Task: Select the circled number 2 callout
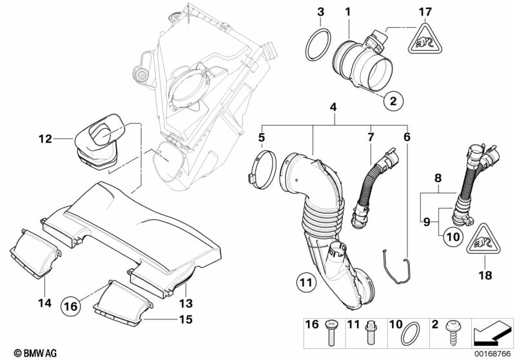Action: pyautogui.click(x=393, y=100)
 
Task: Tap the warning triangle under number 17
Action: pyautogui.click(x=425, y=38)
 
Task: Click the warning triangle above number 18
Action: pyautogui.click(x=483, y=240)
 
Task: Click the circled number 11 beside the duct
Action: pyautogui.click(x=306, y=282)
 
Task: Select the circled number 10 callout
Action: pyautogui.click(x=453, y=236)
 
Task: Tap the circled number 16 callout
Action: pyautogui.click(x=71, y=306)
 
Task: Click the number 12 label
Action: pyautogui.click(x=45, y=139)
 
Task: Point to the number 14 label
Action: pyautogui.click(x=44, y=303)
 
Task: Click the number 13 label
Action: pyautogui.click(x=186, y=303)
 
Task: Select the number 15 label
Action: pyautogui.click(x=186, y=319)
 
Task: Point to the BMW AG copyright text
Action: pyautogui.click(x=35, y=353)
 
